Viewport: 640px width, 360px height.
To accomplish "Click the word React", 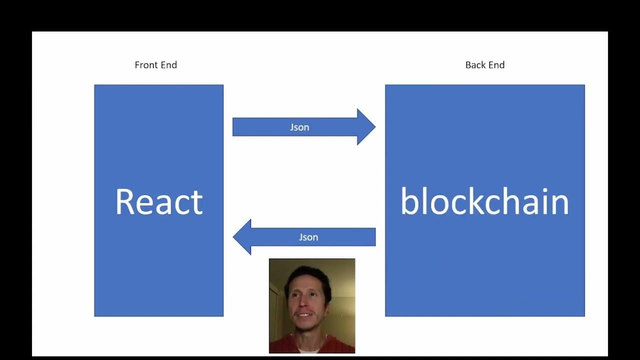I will [159, 202].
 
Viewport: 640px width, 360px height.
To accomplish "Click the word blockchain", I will [484, 202].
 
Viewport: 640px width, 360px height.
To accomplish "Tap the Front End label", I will [155, 65].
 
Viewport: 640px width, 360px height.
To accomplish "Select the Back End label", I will [484, 65].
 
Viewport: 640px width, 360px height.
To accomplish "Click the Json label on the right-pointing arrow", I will [299, 127].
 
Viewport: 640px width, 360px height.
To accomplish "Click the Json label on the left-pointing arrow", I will [308, 237].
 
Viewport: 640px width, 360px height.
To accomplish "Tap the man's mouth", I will [303, 317].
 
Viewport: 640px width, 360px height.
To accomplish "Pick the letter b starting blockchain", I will [408, 202].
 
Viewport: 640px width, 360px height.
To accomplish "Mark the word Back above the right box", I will [475, 65].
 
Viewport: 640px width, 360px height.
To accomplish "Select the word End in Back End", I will [496, 65].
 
